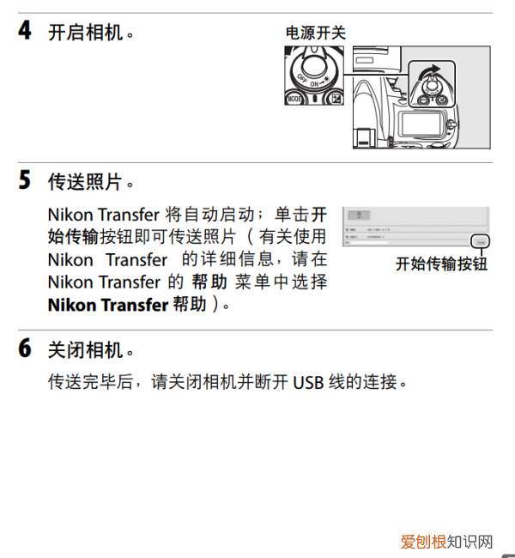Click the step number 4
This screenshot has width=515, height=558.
(x=26, y=32)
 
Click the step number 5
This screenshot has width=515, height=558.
(x=26, y=181)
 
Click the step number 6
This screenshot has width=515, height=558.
(x=26, y=349)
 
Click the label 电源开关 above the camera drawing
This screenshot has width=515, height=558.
(x=315, y=33)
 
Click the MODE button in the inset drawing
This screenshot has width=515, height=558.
(x=294, y=100)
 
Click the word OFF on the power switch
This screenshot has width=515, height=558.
(x=302, y=78)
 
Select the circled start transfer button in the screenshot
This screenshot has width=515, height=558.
(x=479, y=243)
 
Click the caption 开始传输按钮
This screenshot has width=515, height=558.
(x=440, y=264)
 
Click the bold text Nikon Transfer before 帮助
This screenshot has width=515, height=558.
(x=107, y=305)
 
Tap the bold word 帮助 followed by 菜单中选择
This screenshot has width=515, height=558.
(x=209, y=282)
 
